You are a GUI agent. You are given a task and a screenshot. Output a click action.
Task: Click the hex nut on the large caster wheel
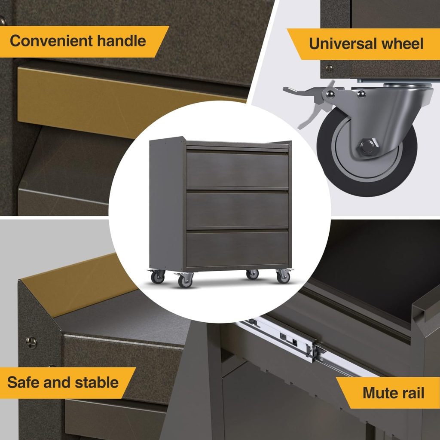367,145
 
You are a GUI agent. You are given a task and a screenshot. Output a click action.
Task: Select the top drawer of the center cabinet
237,169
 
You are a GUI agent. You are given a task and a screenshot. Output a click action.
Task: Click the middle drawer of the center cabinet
237,209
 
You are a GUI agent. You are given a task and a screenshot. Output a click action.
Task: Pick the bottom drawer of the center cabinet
237,248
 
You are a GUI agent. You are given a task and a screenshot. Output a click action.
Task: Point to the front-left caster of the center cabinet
185,280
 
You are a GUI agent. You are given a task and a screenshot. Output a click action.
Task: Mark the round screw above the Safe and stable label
30,342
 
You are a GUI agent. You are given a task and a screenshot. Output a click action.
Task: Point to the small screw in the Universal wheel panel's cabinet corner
330,67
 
